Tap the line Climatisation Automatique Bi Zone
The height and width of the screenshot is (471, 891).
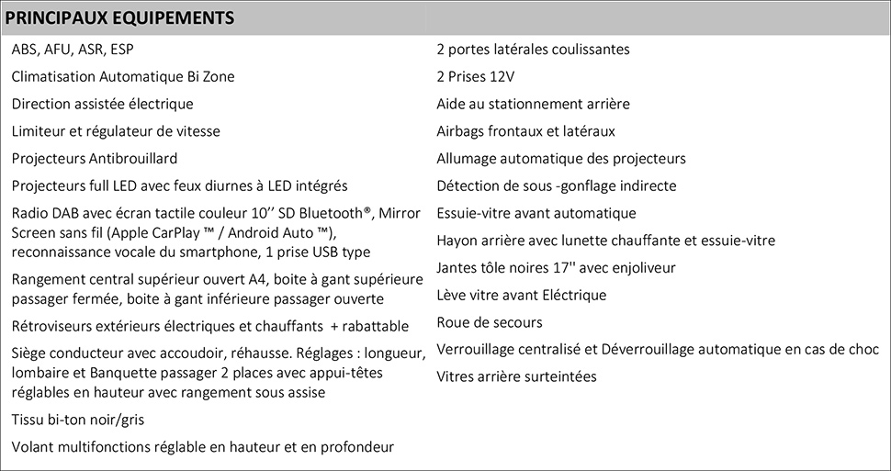tap(123, 76)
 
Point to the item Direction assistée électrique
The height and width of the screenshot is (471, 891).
tap(102, 104)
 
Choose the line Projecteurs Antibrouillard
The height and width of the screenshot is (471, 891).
tap(95, 158)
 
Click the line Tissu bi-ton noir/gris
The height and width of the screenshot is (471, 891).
tap(78, 420)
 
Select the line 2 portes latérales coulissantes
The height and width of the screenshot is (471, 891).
tap(533, 50)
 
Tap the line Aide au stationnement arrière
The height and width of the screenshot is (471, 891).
tap(533, 104)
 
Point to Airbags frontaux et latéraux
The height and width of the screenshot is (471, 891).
tap(525, 131)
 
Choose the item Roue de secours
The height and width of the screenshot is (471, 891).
tap(490, 322)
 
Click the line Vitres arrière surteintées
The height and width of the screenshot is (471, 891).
tap(516, 376)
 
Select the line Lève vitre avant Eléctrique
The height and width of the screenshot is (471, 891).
tap(521, 295)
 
